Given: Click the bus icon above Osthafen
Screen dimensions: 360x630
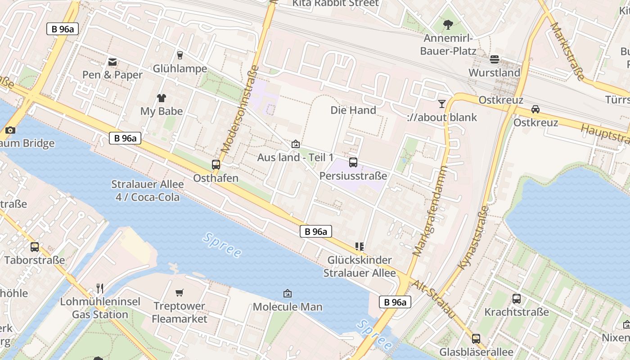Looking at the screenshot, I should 216,165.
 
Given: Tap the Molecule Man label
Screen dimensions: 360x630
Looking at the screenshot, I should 288,307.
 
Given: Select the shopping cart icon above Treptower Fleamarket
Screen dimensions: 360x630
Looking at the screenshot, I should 180,293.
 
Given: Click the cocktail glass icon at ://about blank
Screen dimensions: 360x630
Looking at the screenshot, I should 442,104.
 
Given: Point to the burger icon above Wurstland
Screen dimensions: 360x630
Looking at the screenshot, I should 495,59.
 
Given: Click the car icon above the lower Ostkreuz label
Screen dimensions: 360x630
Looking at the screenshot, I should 535,109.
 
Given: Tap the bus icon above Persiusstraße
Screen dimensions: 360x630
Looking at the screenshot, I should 353,162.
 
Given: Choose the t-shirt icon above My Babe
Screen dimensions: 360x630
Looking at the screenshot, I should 162,98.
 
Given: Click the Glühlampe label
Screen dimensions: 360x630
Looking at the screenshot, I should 180,69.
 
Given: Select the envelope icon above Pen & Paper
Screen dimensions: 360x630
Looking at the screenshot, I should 112,62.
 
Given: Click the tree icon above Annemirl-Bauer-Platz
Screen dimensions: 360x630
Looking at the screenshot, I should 448,25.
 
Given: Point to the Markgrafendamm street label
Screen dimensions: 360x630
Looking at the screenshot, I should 431,211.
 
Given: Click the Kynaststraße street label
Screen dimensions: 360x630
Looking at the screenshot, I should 473,238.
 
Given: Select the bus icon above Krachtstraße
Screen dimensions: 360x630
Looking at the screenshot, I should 517,298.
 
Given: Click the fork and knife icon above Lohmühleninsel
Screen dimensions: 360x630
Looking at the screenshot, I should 100,288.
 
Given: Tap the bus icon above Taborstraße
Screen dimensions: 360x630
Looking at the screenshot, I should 35,247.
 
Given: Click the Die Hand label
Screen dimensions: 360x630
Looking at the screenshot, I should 353,110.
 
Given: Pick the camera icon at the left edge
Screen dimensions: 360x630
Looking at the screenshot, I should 10,130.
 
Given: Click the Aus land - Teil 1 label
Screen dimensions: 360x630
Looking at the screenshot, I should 295,157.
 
